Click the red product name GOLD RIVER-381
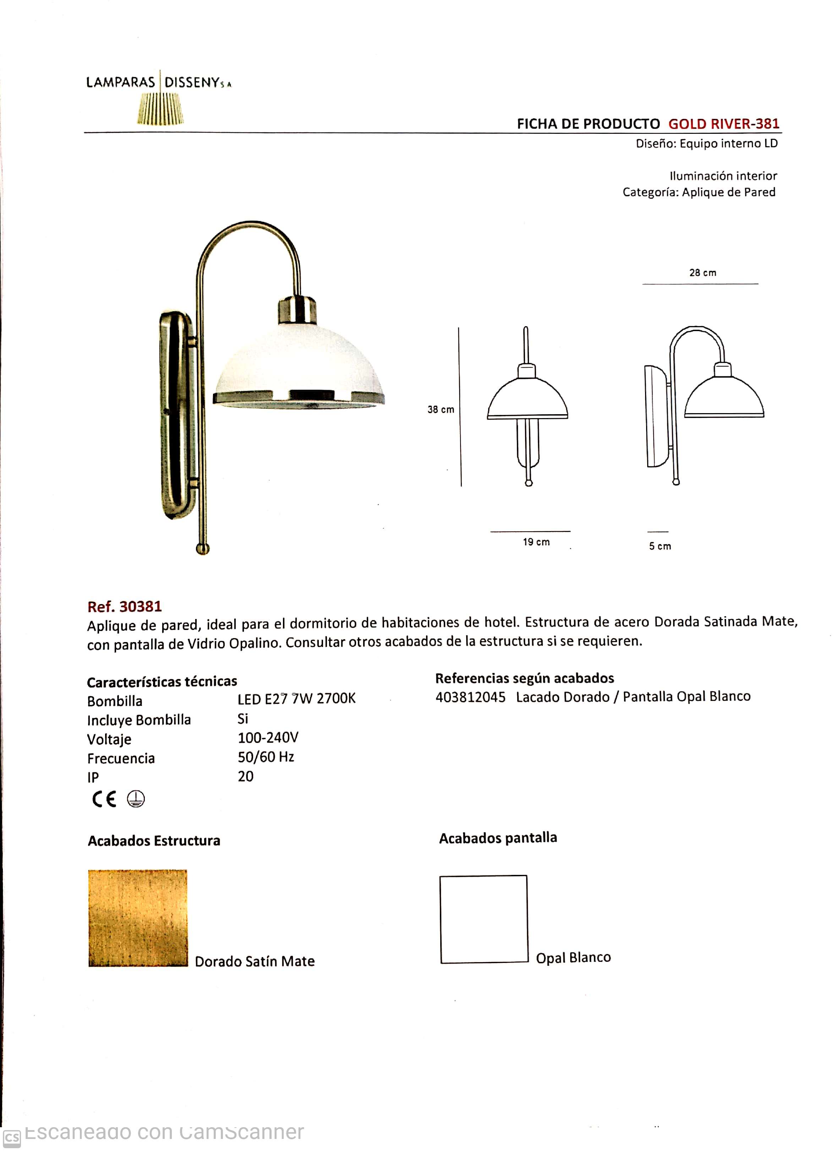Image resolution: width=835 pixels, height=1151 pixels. [723, 124]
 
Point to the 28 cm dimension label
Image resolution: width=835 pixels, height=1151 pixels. [703, 273]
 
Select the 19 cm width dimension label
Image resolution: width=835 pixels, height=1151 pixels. [536, 542]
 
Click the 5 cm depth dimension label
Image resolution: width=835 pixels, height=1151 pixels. [660, 546]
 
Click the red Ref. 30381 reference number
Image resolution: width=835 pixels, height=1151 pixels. [124, 607]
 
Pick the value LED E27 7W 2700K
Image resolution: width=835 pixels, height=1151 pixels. [296, 699]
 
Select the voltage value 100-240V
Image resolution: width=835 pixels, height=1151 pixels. [268, 738]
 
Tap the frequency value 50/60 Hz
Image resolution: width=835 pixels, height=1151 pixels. [266, 757]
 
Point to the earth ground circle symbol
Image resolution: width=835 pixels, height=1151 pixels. [136, 799]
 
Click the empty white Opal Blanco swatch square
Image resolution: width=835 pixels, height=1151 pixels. [484, 919]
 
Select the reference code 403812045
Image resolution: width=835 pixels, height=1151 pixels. [470, 697]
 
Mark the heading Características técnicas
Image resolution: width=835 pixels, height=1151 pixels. [162, 681]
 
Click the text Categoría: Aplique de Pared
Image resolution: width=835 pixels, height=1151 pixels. [699, 192]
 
